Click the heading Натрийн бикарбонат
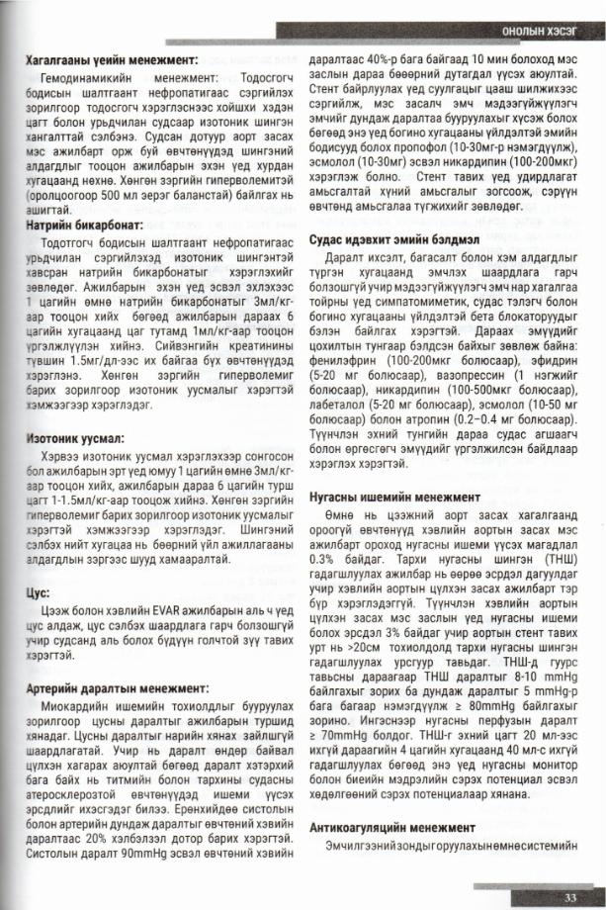point(84,226)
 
